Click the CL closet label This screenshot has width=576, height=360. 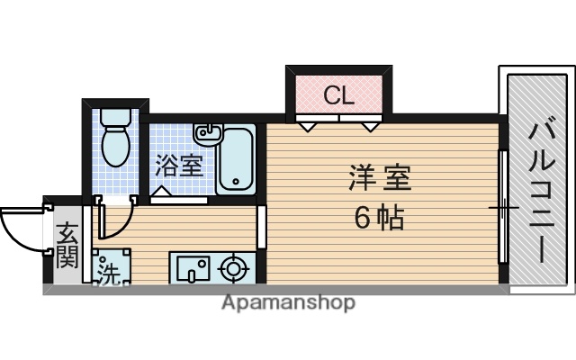pos(338,94)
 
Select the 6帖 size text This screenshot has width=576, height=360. pos(379,216)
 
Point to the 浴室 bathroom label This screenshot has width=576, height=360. pos(177,166)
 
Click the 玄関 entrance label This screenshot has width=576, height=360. pos(67,246)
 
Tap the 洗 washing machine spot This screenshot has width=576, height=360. pos(108,272)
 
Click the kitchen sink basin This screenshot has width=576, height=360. pos(193,267)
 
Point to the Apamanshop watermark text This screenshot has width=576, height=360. pos(288,302)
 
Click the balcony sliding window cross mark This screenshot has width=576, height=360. pos(504,209)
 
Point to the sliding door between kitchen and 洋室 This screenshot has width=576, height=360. pos(262,227)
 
